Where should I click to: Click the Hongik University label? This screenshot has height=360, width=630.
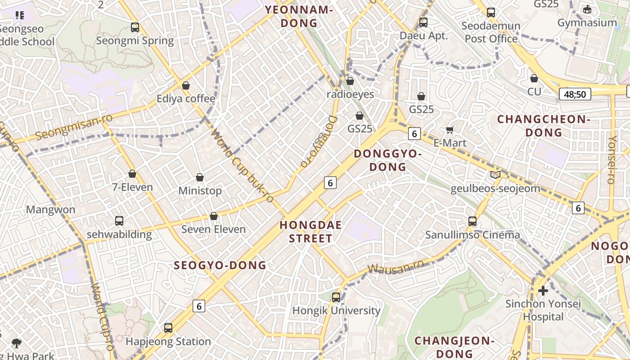point(336,310)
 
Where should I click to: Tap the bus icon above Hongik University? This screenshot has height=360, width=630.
point(336,297)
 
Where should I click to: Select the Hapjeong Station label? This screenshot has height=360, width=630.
point(168,342)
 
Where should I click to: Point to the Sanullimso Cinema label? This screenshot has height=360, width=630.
point(472,235)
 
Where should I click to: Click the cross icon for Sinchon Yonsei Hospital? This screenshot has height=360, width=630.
point(543,291)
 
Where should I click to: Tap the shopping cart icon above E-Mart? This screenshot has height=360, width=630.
point(449,130)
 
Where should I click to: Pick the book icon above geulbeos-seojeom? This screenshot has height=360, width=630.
point(495,175)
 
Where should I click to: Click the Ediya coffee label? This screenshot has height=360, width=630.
point(186,99)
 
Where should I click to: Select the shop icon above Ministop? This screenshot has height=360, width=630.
point(200,178)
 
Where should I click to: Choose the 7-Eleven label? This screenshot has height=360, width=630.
point(132,187)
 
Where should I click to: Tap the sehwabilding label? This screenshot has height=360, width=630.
point(119,234)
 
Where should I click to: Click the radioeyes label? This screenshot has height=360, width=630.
point(350,94)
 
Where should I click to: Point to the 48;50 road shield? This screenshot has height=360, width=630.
point(575,94)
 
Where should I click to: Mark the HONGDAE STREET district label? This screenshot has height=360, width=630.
point(310,231)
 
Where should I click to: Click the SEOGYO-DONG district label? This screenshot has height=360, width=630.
point(220,265)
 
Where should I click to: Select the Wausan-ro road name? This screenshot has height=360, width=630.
point(396,266)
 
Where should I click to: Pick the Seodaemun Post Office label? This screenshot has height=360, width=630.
point(491,32)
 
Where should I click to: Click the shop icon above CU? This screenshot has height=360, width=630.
point(534,78)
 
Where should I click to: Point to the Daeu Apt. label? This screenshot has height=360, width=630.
point(424,36)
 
